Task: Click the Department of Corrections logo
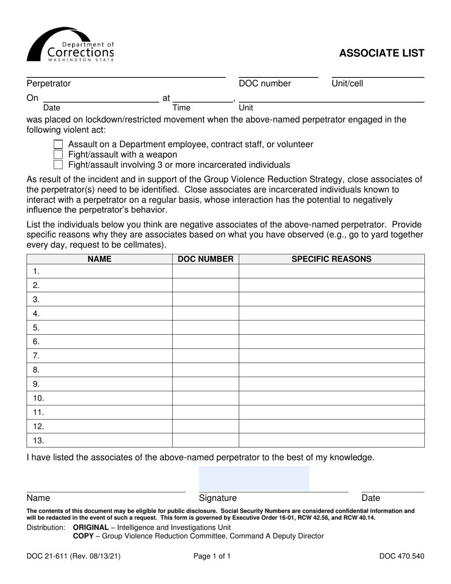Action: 70,45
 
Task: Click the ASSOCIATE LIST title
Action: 381,53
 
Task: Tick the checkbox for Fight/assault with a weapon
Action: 58,155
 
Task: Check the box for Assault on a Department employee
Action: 58,144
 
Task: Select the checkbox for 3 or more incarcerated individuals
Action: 58,165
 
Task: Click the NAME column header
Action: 99,259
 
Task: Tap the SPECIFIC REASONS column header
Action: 331,259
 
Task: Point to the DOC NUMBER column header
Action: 205,259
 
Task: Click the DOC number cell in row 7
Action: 205,356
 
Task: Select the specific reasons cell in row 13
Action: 331,441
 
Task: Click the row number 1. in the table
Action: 37,272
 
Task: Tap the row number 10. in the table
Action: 38,398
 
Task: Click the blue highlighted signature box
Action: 254,479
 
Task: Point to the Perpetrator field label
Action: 48,84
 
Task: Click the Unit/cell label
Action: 347,84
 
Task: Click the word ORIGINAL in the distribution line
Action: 91,527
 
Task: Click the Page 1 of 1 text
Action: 212,556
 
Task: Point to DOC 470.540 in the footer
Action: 402,556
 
